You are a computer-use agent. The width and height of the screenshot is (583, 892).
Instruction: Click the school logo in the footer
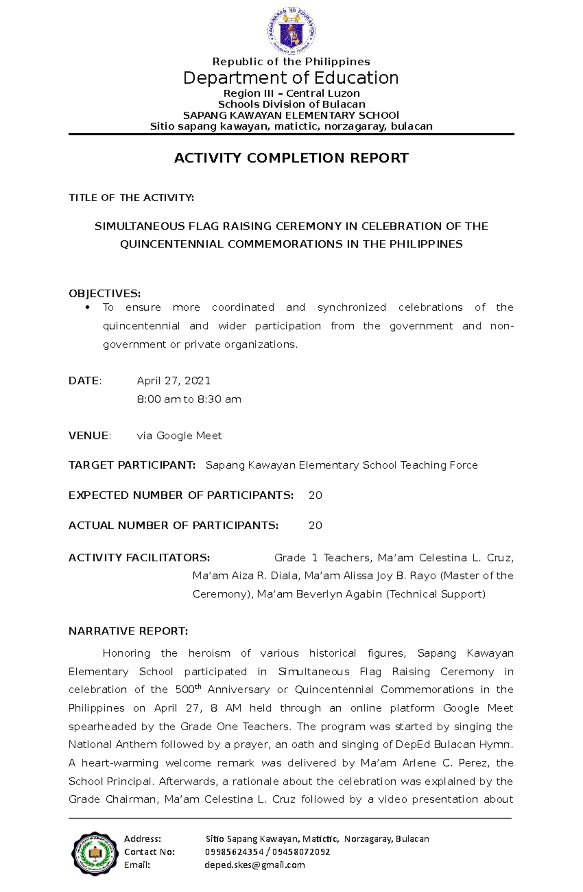click(x=95, y=854)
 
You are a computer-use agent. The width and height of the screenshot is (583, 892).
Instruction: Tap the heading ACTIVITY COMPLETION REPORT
click(x=291, y=158)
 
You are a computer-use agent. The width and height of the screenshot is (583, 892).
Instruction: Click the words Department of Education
click(x=291, y=78)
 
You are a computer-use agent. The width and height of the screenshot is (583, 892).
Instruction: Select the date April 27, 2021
click(x=173, y=381)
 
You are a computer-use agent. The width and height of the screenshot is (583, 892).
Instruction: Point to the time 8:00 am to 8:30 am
click(x=189, y=399)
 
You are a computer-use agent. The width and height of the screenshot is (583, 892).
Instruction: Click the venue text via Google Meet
click(x=179, y=436)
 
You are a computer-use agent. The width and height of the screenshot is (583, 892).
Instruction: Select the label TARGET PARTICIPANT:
click(x=132, y=465)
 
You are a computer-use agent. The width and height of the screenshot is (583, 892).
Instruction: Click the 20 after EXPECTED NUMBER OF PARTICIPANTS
click(x=315, y=495)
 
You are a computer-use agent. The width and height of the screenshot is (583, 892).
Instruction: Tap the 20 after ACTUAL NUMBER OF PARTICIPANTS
click(x=315, y=525)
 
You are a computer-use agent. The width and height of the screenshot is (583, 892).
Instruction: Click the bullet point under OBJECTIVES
click(x=88, y=308)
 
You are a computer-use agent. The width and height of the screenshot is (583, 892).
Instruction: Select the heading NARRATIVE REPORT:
click(x=128, y=631)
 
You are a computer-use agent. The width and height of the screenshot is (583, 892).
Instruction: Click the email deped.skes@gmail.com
click(x=255, y=865)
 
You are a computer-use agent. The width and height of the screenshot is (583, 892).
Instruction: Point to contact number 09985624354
click(x=234, y=852)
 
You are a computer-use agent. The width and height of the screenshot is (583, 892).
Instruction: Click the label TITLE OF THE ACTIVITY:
click(x=131, y=197)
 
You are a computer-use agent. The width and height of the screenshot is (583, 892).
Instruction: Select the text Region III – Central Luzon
click(x=291, y=93)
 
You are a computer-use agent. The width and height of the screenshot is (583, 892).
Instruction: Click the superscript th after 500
click(x=198, y=687)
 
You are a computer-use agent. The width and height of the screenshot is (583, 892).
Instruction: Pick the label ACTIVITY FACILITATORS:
click(x=139, y=558)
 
